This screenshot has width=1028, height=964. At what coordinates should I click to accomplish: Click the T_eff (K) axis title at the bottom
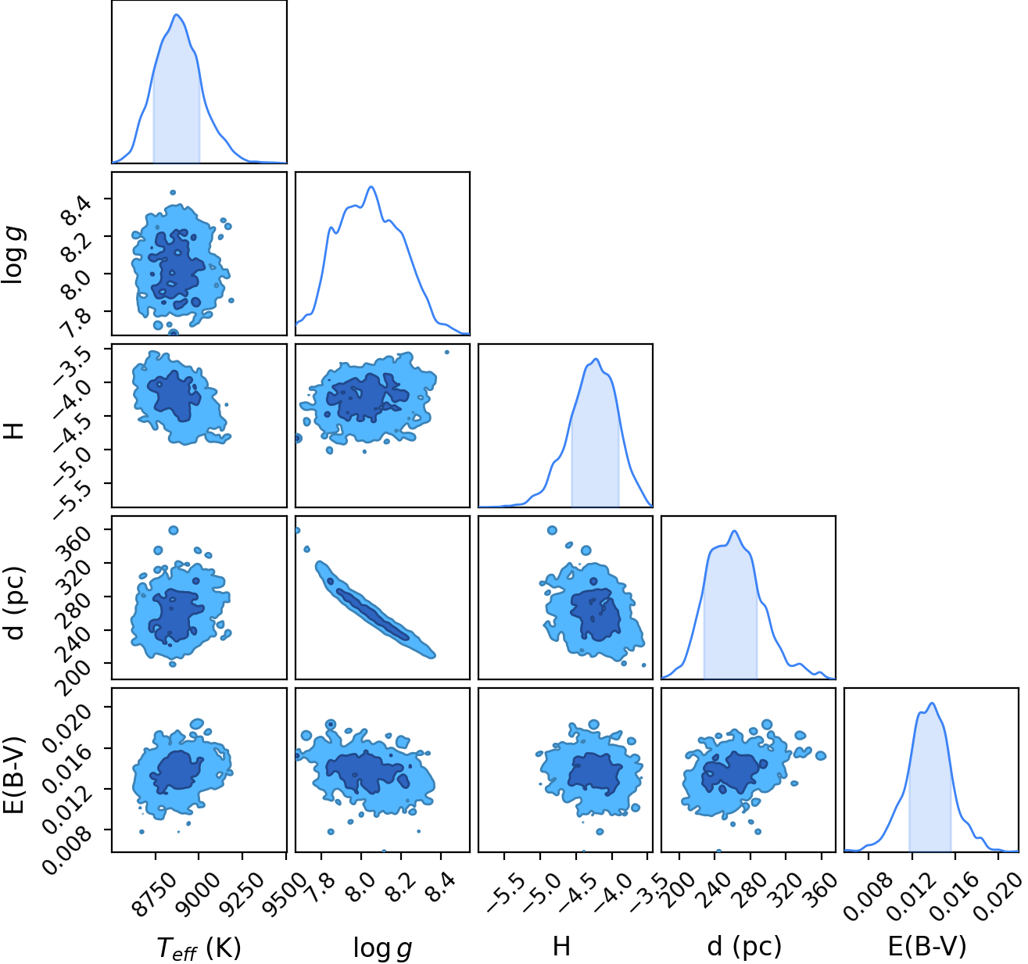click(x=199, y=948)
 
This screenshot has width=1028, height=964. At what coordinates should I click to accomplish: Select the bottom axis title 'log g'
click(x=382, y=948)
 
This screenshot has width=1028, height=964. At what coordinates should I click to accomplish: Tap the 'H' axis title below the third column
click(x=561, y=946)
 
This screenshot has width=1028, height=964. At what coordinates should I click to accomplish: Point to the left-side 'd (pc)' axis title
click(x=15, y=603)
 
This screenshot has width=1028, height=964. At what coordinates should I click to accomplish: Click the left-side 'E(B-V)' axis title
click(x=15, y=775)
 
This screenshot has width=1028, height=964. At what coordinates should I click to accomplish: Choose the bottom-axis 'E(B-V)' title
click(x=928, y=946)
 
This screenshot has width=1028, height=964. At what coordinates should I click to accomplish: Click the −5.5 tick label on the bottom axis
click(x=507, y=895)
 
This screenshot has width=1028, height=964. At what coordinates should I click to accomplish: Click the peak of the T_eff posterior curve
click(x=177, y=15)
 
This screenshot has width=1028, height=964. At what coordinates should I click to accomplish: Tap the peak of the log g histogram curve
click(x=371, y=187)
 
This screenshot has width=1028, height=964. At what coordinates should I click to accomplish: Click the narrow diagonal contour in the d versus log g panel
click(x=376, y=610)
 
